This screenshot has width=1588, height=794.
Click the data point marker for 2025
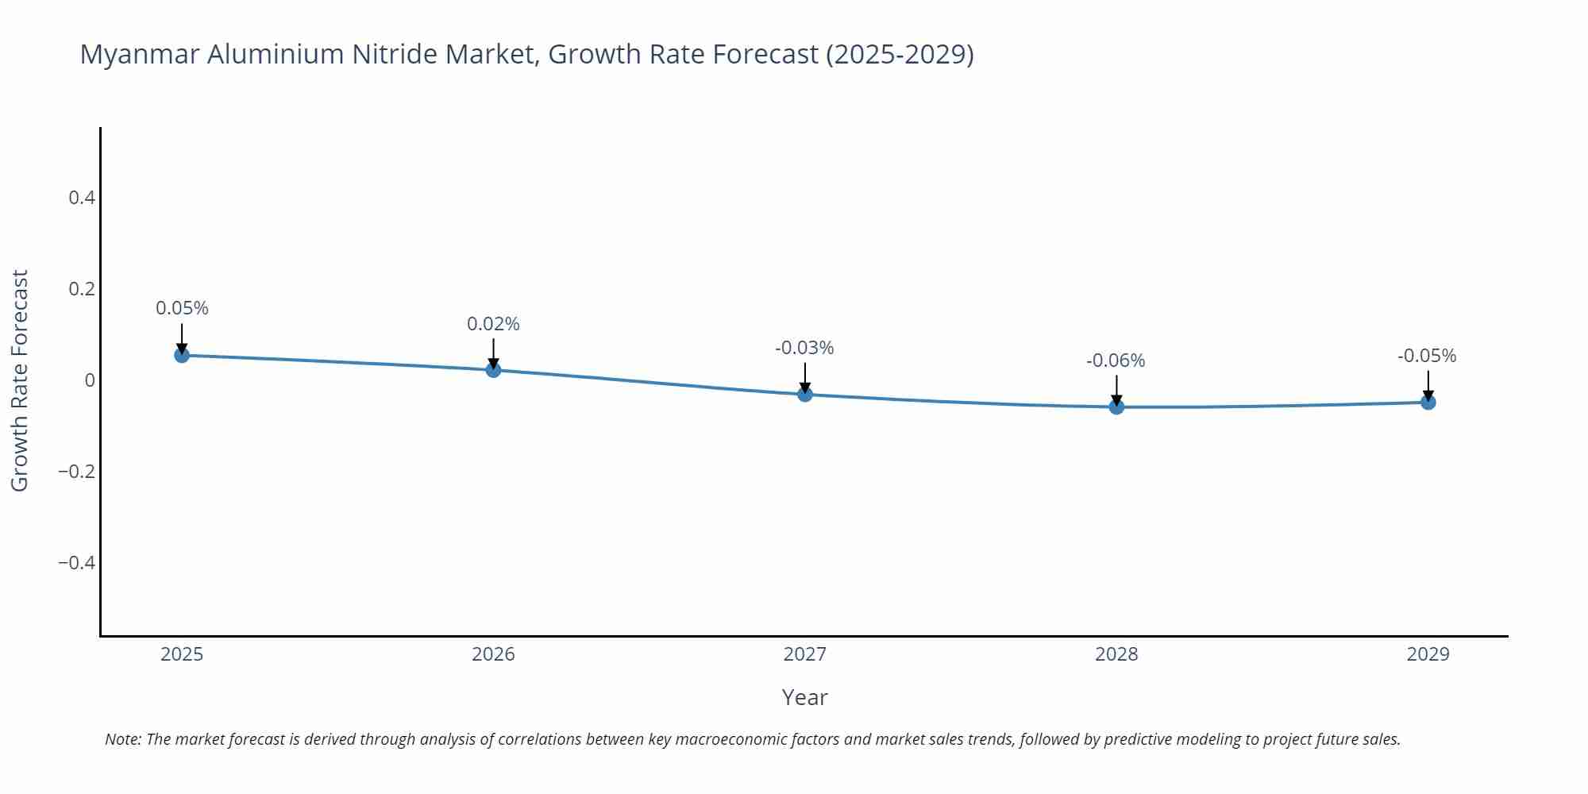(x=182, y=355)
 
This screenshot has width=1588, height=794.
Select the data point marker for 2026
(x=493, y=369)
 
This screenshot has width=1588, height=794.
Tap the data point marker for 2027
(x=805, y=394)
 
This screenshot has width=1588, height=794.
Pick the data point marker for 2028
(x=1116, y=407)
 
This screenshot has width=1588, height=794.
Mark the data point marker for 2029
(x=1428, y=403)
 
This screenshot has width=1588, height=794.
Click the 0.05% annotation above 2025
(x=182, y=308)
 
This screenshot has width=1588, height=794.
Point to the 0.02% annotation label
(x=493, y=324)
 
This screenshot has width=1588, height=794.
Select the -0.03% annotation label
(x=804, y=348)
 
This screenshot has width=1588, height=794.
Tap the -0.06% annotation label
(x=1116, y=360)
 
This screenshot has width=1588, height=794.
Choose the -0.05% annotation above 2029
(x=1427, y=356)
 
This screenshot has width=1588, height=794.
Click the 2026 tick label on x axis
(x=493, y=654)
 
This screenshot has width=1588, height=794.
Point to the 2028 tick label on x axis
(x=1116, y=654)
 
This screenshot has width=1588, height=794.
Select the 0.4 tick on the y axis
(x=82, y=197)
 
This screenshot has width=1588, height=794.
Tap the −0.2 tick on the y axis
(x=76, y=472)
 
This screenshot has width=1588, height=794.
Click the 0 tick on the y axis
(x=90, y=380)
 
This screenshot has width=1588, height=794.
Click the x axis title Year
(x=804, y=697)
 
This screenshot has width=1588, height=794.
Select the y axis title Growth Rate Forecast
(x=20, y=380)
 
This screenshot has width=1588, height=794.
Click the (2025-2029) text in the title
(x=900, y=54)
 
